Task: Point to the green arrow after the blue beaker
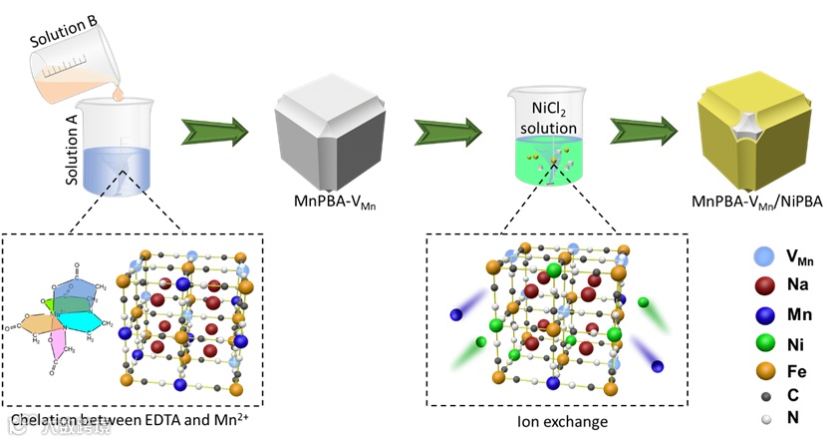(x=213, y=131)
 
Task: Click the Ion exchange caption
(x=539, y=421)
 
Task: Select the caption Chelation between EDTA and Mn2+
(x=134, y=421)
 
